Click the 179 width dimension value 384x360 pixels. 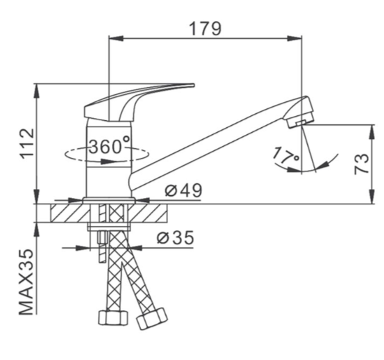[206, 28]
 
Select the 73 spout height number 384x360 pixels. [362, 164]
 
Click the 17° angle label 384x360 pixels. [285, 155]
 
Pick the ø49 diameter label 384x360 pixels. [184, 190]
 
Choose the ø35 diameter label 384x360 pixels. [176, 238]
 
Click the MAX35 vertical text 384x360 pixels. [26, 282]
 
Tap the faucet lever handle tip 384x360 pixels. [194, 85]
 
